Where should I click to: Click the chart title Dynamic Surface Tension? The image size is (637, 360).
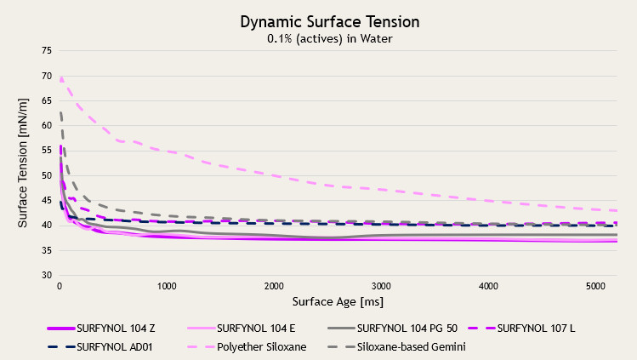click(318, 20)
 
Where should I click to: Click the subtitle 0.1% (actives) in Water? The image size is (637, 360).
click(318, 37)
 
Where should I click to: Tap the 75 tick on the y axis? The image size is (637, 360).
click(45, 50)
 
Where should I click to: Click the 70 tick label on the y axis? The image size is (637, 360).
click(45, 76)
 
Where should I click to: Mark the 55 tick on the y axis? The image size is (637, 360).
click(45, 151)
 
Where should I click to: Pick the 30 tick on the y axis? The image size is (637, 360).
click(45, 276)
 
